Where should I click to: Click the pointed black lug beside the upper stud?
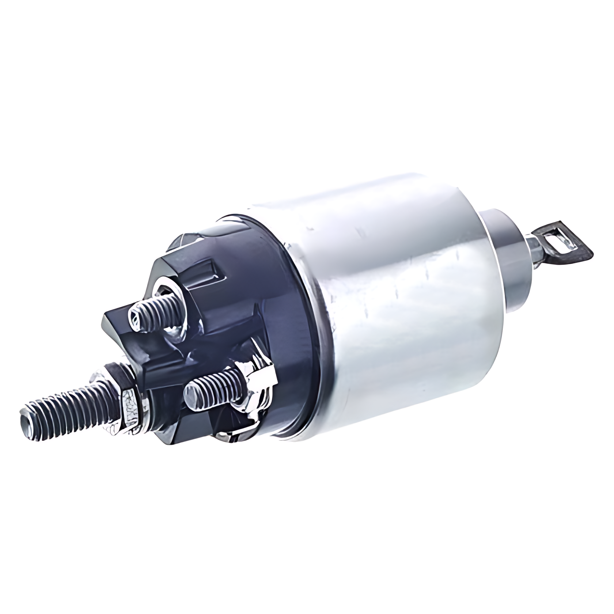[113, 322]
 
